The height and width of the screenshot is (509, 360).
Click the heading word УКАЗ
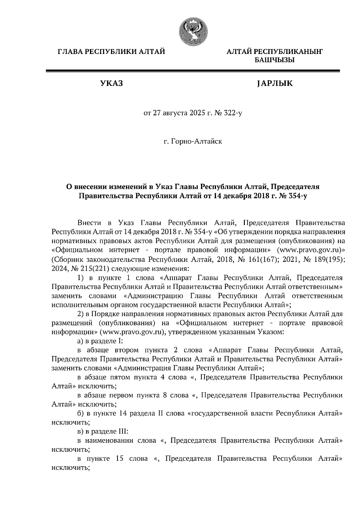(x=111, y=83)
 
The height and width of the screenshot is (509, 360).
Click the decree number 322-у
(x=232, y=114)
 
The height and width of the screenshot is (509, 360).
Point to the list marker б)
(x=80, y=413)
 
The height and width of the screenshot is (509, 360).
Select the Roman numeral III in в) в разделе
(x=121, y=431)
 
